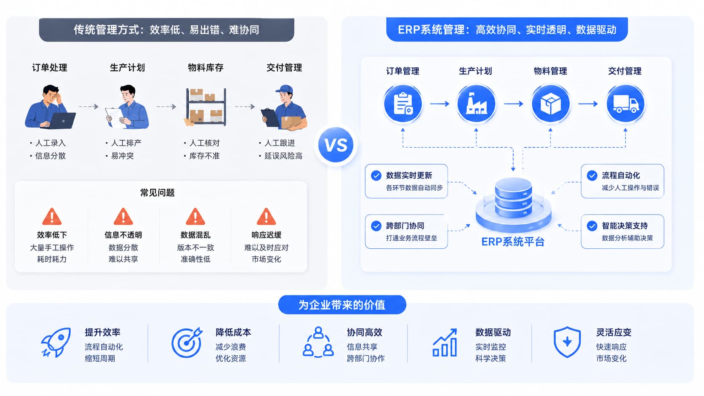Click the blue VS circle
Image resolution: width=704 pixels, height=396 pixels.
336,145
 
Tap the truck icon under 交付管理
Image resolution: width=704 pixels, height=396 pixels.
625,104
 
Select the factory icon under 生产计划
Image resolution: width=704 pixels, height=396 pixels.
477,104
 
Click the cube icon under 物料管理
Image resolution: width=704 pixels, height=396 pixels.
550,104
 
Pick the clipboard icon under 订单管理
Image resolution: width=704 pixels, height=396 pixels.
403,104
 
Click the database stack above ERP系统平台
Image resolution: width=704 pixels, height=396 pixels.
514,198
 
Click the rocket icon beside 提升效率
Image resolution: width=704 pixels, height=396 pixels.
56,342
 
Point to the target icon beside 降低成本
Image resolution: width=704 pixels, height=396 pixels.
187,343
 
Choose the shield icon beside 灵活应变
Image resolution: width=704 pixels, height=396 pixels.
567,342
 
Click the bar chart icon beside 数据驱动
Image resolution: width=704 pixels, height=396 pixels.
445,343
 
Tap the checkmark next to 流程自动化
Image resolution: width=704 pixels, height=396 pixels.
592,175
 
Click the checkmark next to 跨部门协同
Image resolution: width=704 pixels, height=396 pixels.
376,226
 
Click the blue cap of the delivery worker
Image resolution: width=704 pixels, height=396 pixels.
285,89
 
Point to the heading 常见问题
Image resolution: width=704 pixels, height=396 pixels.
157,192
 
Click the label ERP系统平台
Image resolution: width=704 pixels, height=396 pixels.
513,242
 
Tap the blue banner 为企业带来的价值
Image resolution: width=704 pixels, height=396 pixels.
342,305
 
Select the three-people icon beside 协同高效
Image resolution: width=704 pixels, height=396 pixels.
318,342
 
